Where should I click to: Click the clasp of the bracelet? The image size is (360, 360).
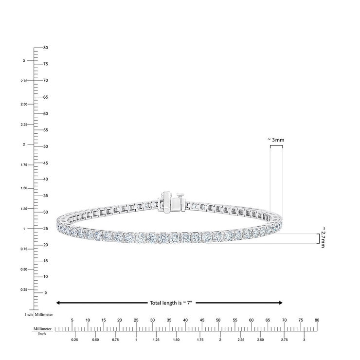(171, 201)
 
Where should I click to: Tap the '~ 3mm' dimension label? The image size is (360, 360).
(276, 140)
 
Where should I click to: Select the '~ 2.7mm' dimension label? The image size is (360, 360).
(323, 237)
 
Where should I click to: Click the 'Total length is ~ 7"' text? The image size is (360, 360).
(171, 303)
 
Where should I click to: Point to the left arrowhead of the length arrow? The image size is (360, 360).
(58, 303)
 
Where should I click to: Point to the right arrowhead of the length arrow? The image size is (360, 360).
(281, 303)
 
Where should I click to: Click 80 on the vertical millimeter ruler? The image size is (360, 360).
(45, 48)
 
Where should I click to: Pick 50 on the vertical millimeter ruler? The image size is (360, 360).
(45, 146)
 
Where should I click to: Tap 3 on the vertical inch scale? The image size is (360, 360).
(24, 61)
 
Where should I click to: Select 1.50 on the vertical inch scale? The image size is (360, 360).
(24, 188)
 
